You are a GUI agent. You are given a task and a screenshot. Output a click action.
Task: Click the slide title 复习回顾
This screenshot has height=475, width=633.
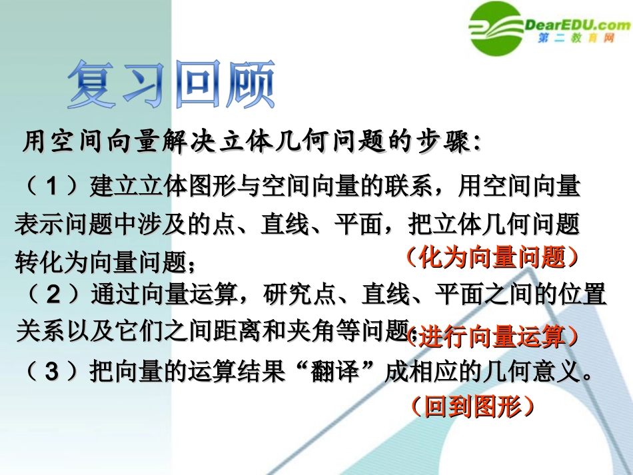pos(171,85)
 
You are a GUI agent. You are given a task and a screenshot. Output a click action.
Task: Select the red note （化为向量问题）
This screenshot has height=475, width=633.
pos(492,256)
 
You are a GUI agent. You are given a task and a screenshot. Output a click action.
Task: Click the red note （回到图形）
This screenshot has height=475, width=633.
pos(472,406)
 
